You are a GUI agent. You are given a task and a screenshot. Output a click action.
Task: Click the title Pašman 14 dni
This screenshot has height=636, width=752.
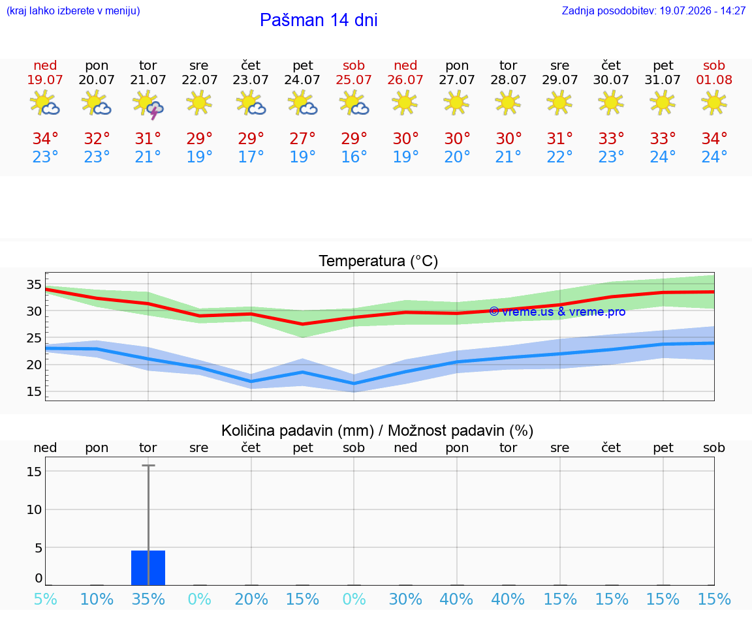319,20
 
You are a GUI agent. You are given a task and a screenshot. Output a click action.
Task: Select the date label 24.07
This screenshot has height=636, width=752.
302,80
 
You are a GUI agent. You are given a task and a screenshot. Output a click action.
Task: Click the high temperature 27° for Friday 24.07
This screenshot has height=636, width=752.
302,138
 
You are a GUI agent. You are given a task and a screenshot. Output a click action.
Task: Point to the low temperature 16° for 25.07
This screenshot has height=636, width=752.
354,157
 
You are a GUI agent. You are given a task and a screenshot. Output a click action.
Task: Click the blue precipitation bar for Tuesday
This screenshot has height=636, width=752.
148,568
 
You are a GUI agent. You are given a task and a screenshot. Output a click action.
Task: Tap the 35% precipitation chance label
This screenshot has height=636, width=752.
148,599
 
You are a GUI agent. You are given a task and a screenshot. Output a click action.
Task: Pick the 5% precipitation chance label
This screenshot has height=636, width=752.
46,599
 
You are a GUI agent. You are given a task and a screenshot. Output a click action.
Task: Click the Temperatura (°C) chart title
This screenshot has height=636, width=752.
379,261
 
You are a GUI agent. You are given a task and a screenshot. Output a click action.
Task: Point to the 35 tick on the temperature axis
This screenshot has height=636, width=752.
34,284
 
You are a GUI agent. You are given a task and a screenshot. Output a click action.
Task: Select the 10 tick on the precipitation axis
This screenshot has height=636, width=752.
34,509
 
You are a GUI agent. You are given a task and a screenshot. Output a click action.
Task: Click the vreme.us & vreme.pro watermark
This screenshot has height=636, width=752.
557,312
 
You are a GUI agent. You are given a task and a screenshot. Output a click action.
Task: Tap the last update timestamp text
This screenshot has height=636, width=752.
653,10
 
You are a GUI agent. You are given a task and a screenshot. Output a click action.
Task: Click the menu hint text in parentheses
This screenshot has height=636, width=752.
73,10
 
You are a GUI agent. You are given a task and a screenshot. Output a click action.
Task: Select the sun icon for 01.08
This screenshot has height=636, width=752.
714,103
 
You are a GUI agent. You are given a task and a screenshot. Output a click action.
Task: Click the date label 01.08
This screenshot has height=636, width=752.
714,80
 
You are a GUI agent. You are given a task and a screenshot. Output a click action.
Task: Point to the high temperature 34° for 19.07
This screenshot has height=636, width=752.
46,138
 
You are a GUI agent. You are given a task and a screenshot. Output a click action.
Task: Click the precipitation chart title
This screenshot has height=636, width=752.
377,431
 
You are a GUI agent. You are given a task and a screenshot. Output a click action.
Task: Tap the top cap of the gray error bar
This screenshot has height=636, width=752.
148,465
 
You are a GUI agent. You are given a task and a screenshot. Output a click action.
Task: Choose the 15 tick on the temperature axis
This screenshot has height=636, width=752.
34,391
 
